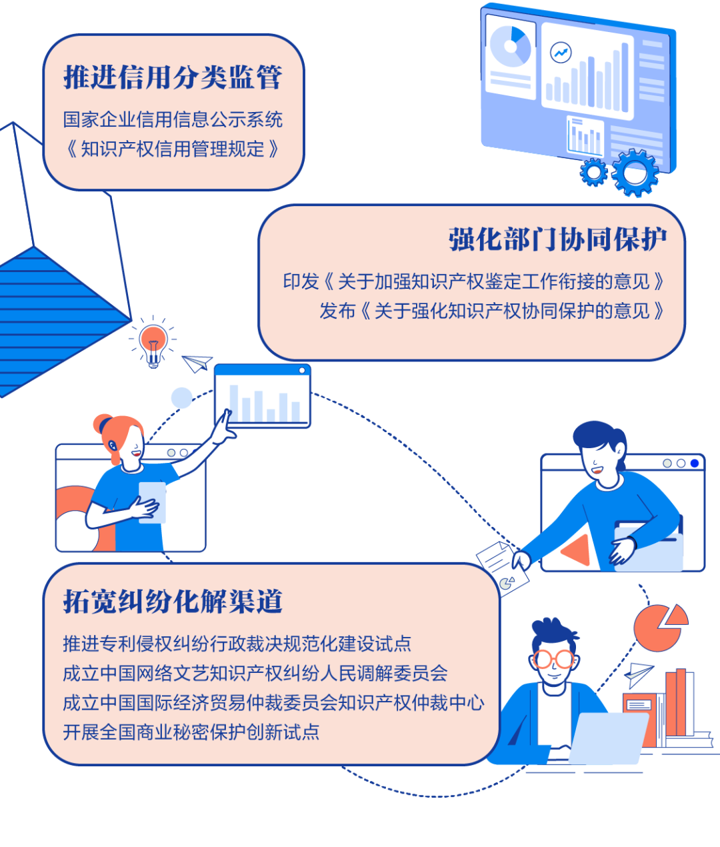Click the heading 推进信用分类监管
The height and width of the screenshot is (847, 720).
coord(173,77)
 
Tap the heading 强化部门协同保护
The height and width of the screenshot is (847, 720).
coord(557,239)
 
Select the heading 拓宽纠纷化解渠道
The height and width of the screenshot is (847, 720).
coord(173,602)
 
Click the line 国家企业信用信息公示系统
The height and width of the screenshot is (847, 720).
coord(173,119)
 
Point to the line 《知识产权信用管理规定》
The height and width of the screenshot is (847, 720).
coord(173,149)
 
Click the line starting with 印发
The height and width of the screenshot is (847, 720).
coord(474,281)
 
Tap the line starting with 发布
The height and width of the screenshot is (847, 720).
coord(492,311)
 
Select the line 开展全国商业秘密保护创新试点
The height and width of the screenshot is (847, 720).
coord(191,732)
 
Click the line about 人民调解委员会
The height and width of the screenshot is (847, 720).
coord(255,673)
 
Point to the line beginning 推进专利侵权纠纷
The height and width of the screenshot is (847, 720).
coord(237,644)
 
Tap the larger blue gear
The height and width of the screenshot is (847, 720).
coord(635,173)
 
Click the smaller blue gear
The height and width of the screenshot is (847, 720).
coord(593,173)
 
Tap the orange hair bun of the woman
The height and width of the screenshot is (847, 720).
coord(104,424)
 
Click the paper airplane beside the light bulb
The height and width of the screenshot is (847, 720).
coord(197,363)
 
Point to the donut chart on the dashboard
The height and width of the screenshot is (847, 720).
coord(511,46)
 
